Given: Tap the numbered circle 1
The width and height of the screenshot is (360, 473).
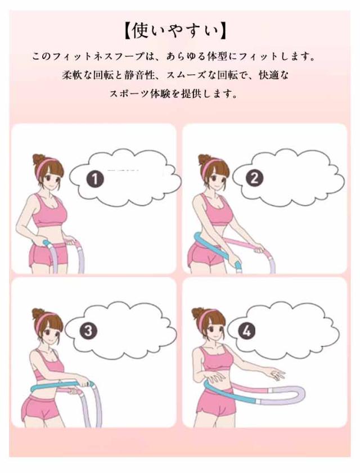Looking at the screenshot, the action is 95,179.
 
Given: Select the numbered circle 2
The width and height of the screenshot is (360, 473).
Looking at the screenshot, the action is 254,178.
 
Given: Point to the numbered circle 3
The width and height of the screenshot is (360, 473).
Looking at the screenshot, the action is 88,331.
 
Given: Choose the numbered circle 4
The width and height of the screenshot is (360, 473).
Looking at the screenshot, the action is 246,331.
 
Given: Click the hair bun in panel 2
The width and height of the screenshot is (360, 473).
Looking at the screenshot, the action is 204,159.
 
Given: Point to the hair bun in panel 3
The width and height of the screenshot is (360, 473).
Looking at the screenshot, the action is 38,313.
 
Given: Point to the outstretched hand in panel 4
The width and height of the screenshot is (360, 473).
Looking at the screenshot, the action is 276,375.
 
